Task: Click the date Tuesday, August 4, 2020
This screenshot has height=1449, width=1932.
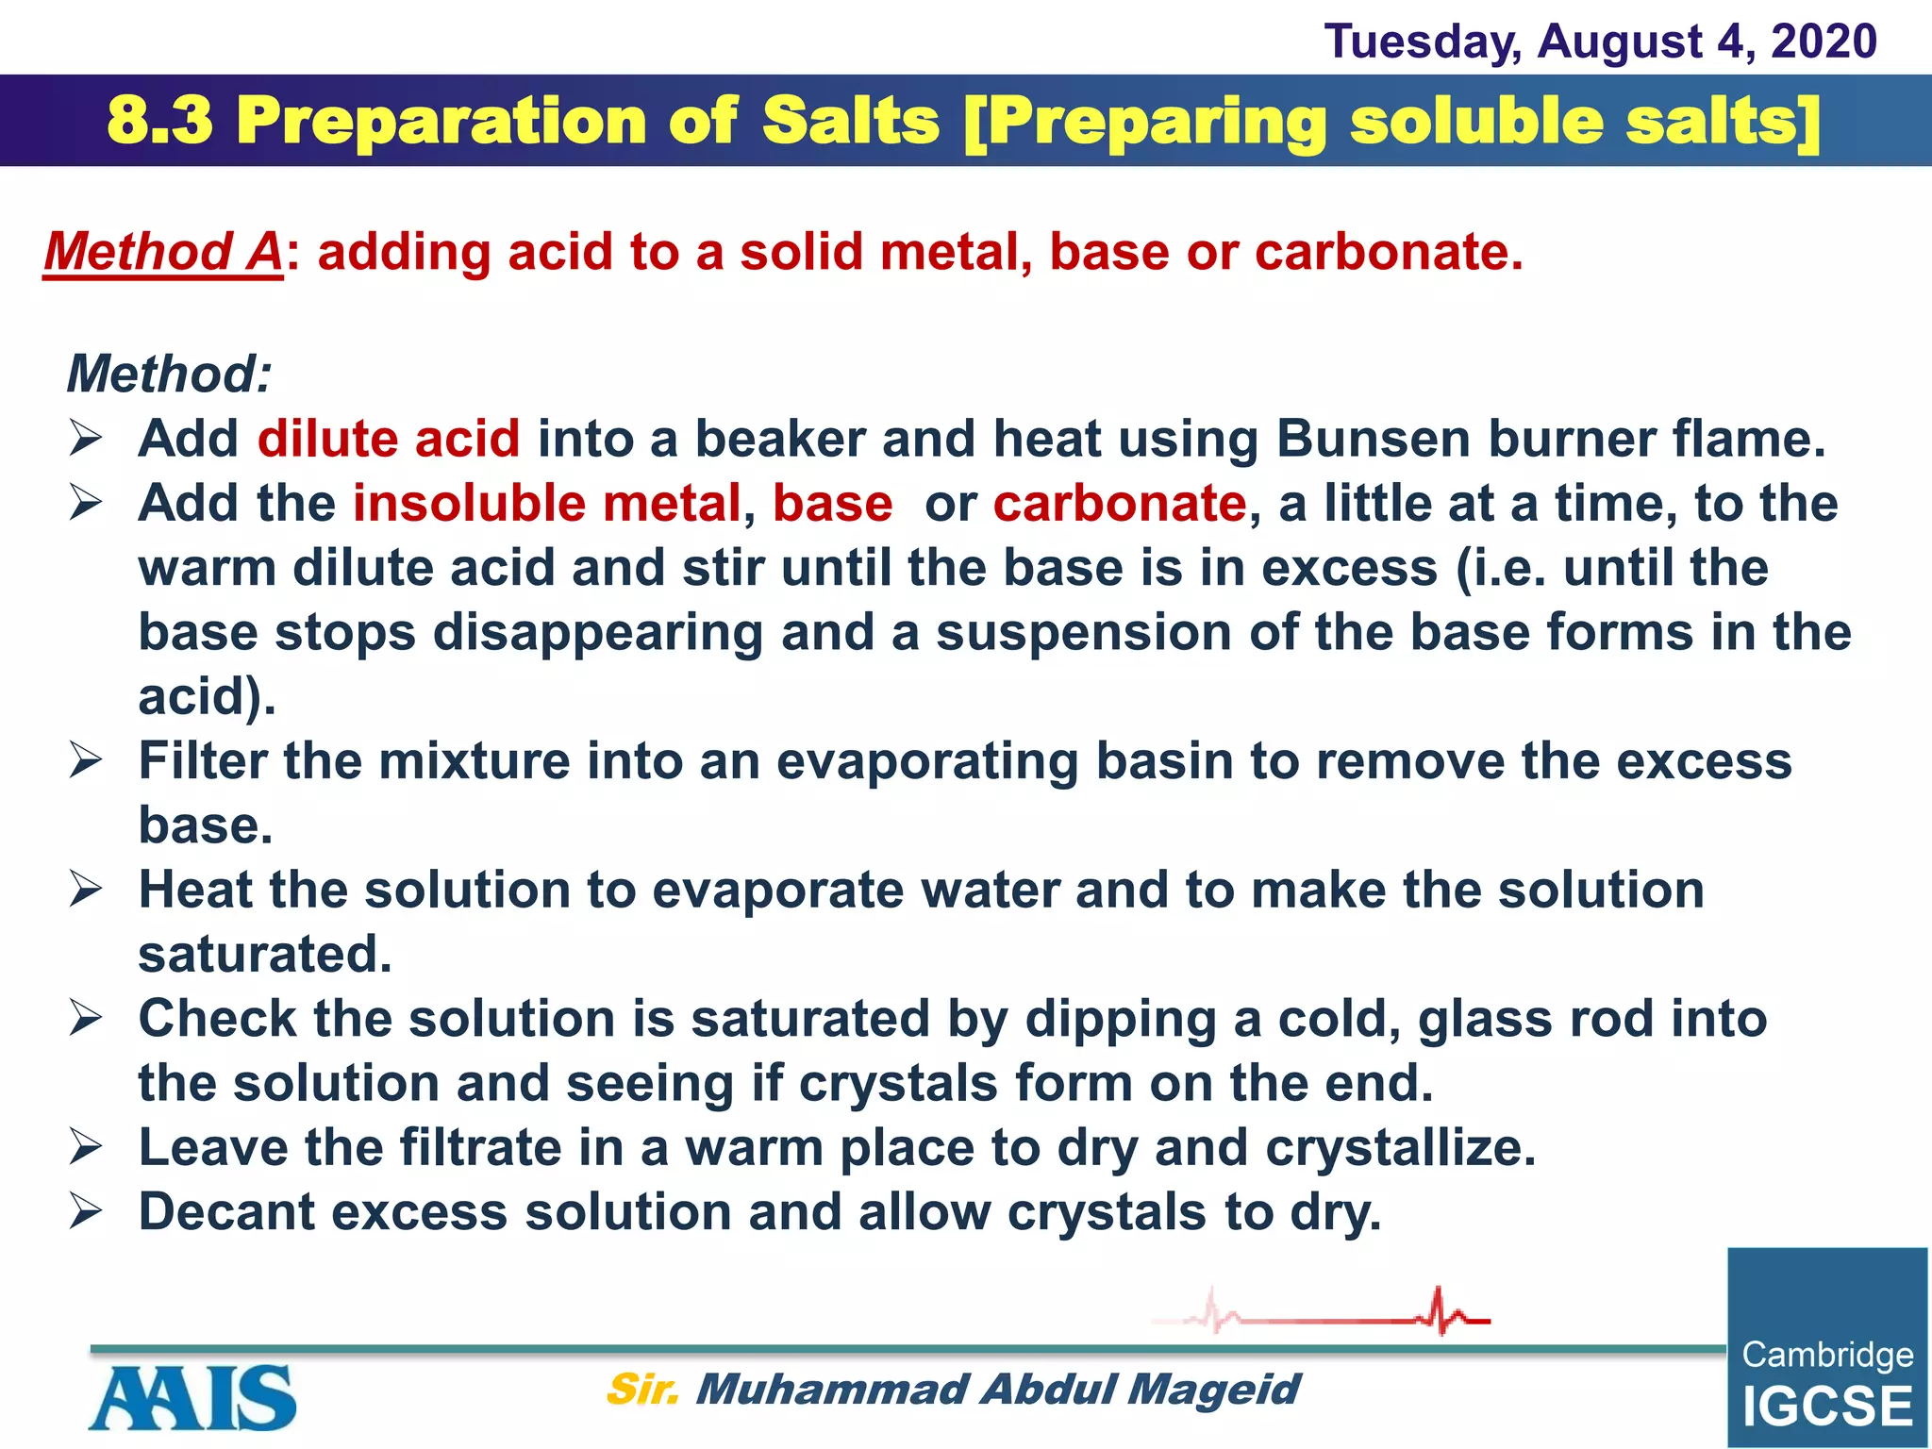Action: tap(1600, 42)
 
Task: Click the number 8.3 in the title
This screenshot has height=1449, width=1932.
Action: tap(160, 122)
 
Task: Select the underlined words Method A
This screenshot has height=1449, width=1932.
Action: tap(162, 253)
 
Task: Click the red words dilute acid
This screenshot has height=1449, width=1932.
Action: tap(388, 440)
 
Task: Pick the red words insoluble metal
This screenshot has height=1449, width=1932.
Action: tap(547, 504)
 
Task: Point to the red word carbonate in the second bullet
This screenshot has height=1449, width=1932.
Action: tap(1120, 504)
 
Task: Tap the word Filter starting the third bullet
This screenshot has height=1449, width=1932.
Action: tap(201, 760)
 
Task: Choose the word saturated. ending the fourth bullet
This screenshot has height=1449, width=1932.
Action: tap(264, 955)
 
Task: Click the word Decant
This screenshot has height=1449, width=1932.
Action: tap(226, 1212)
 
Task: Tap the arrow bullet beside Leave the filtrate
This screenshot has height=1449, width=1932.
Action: tap(85, 1148)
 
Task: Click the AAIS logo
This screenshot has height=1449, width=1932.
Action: tap(193, 1397)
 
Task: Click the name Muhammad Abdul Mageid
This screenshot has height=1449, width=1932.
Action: tap(996, 1390)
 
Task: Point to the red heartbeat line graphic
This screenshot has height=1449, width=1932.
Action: tap(1321, 1313)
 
